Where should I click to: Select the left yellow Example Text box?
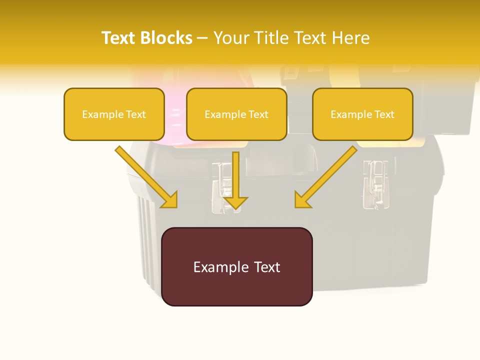click(114, 114)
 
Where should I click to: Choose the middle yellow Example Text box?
click(236, 114)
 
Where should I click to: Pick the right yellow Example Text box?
click(362, 114)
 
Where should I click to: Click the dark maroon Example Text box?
click(236, 266)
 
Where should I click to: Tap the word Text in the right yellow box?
click(384, 114)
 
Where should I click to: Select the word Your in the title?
click(230, 38)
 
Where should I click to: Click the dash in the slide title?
click(202, 38)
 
